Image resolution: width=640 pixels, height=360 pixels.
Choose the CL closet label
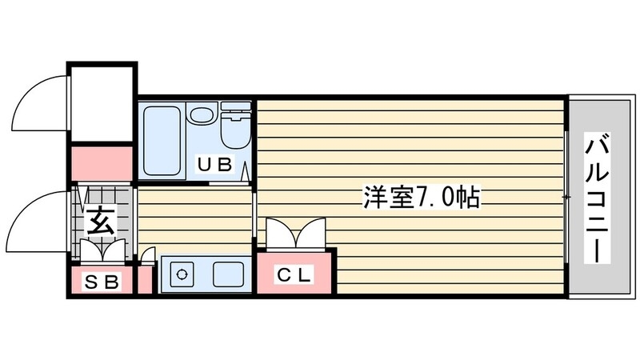click(x=294, y=274)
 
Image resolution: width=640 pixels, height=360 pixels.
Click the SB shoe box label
click(x=102, y=282)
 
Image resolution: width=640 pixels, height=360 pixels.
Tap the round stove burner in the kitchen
click(x=182, y=275)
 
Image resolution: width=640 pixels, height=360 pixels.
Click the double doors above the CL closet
click(x=295, y=234)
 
